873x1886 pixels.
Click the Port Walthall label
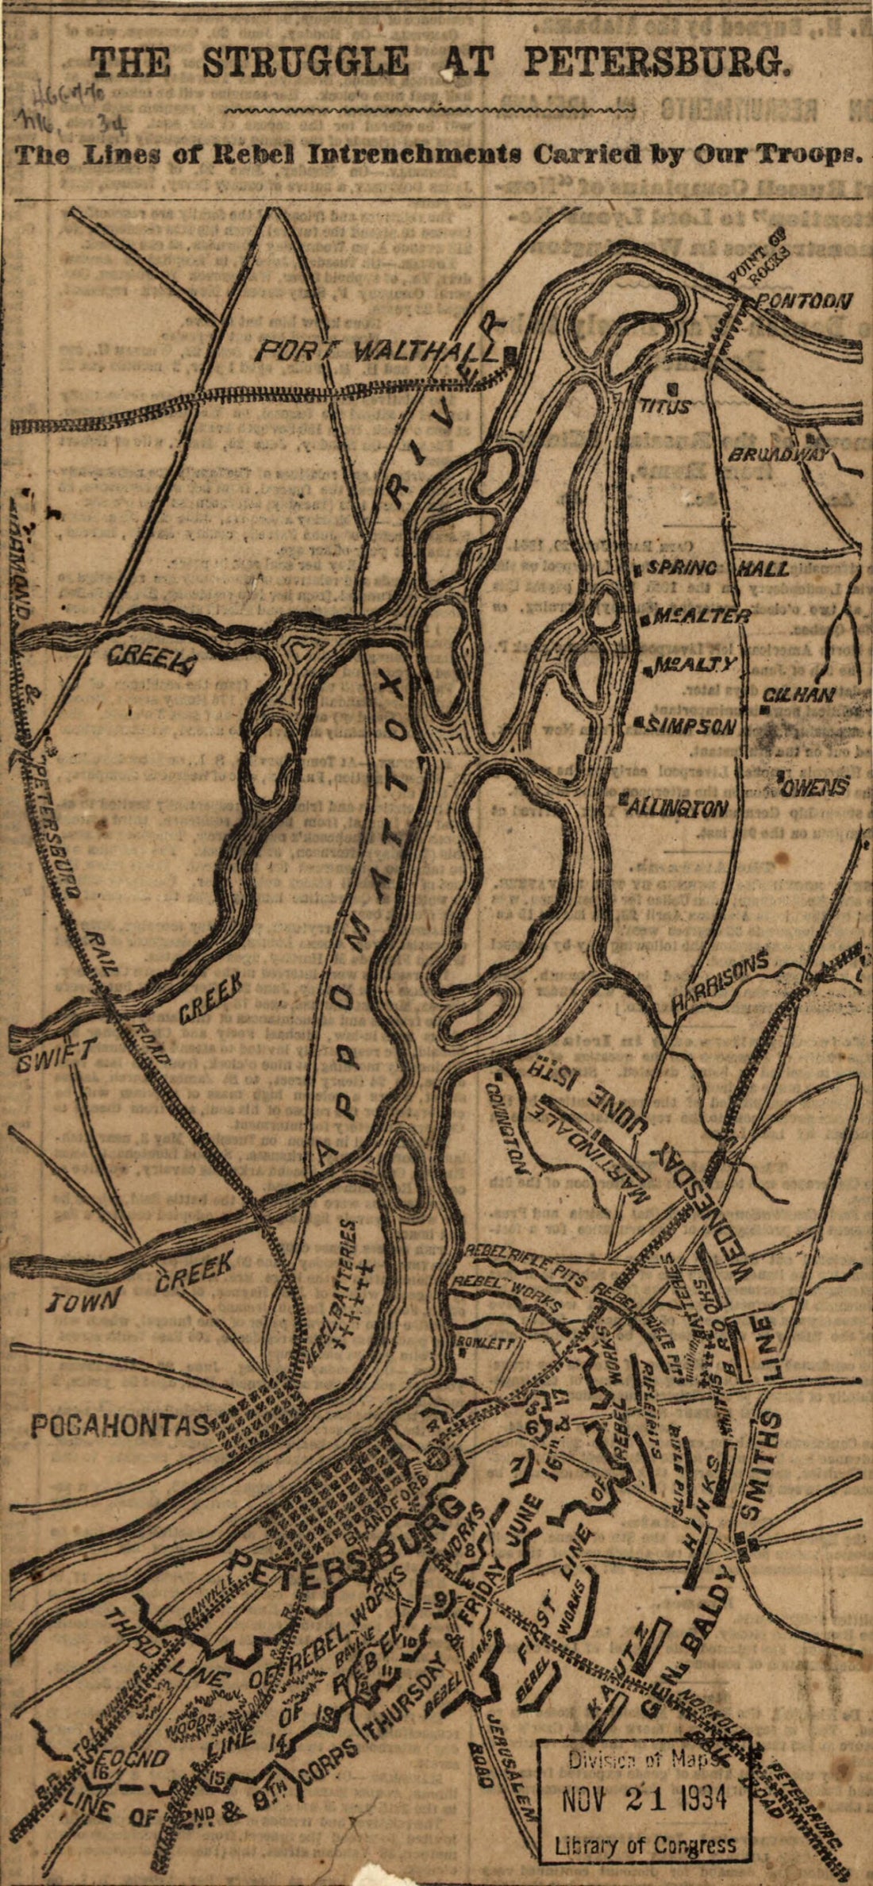pos(379,350)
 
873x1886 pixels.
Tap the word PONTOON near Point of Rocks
pos(804,301)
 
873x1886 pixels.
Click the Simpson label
pos(692,725)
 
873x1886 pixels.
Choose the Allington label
pos(678,807)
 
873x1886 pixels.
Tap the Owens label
pos(813,788)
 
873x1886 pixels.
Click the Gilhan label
pos(798,695)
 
